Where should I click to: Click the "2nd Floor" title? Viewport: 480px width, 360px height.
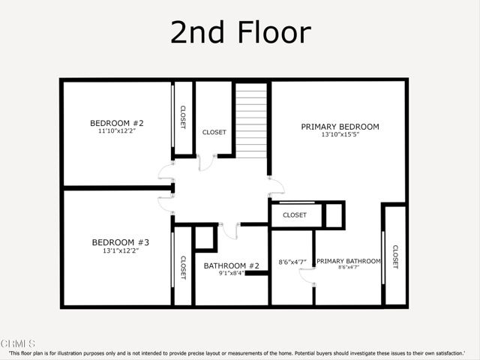click(x=240, y=33)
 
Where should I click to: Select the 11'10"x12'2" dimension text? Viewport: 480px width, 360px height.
click(x=117, y=131)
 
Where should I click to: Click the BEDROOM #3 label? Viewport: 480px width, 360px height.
click(x=121, y=242)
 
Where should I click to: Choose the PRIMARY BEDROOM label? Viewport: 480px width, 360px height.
click(x=340, y=127)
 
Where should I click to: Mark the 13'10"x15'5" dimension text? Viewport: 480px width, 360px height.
click(x=340, y=135)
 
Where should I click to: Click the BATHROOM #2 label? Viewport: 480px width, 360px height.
click(x=232, y=265)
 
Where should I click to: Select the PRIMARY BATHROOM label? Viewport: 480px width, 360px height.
click(x=349, y=261)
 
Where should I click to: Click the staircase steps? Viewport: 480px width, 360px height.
click(x=252, y=120)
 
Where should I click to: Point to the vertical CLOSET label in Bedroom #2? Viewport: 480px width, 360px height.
click(x=183, y=116)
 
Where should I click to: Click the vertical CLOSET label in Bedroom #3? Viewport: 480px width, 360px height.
click(x=183, y=268)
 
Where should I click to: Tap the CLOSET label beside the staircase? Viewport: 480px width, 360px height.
click(x=214, y=133)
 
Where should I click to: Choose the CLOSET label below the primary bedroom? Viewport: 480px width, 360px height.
click(x=295, y=215)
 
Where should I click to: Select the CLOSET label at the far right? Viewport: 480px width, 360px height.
click(x=394, y=257)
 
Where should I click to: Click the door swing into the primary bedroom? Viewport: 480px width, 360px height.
click(x=277, y=187)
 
